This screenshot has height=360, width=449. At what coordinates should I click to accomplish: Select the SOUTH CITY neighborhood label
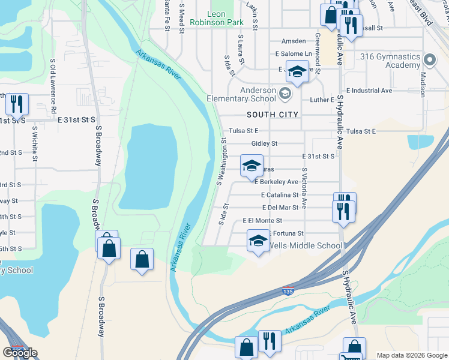coord(273,114)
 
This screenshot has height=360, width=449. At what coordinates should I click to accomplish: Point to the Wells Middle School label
coord(304,245)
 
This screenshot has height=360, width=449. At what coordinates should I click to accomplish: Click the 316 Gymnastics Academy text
coord(390,61)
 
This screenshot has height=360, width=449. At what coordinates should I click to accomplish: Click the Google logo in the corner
coord(20,353)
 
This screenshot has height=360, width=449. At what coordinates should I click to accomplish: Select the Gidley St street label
coord(264,143)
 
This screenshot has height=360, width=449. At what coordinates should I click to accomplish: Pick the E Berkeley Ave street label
coord(276,182)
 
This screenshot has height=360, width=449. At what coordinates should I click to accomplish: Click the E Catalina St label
coord(280,195)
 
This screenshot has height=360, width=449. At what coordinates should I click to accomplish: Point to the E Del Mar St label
coord(280,208)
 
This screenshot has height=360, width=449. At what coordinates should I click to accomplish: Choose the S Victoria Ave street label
coord(304,188)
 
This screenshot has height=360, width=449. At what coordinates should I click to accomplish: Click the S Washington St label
coord(221,162)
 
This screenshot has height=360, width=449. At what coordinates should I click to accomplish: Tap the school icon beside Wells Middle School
coord(259,241)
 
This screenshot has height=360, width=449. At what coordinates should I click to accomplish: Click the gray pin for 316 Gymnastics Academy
coord(429,60)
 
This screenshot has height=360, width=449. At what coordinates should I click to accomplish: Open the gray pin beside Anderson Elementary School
coord(285,94)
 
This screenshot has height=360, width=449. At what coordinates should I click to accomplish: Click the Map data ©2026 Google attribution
coord(412,355)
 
